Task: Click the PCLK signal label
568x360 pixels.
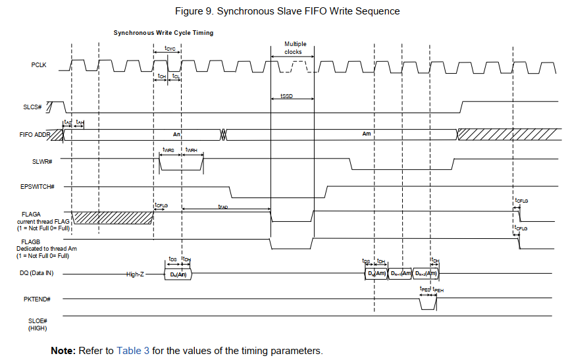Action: tap(39, 64)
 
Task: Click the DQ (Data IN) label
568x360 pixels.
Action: tap(36, 272)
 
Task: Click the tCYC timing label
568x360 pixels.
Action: tap(169, 49)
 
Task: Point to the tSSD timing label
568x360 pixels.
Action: tap(286, 96)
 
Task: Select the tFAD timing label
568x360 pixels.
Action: tap(223, 207)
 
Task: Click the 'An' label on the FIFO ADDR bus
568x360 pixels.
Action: tap(176, 134)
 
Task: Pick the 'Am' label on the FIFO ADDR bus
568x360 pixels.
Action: tap(367, 134)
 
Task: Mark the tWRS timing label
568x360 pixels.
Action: tap(168, 150)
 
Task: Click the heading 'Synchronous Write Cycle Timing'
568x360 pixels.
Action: tap(163, 33)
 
